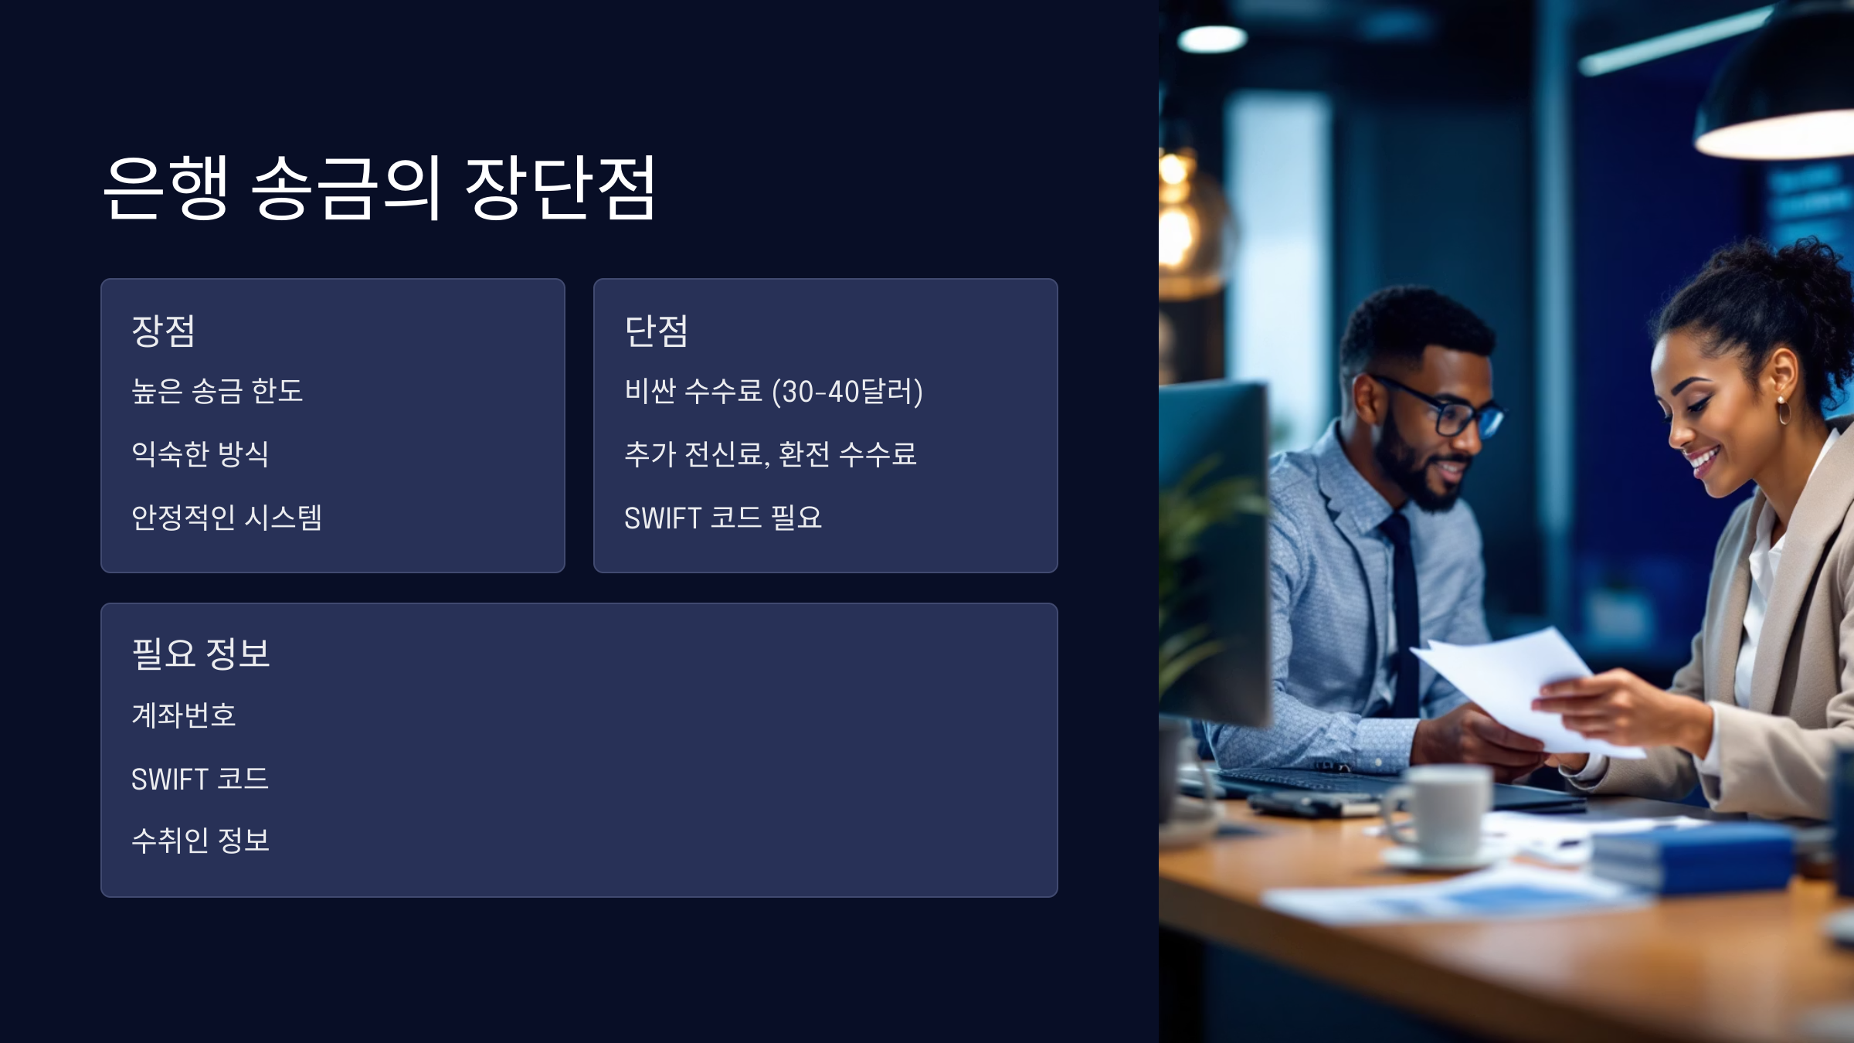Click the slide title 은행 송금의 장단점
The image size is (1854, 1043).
(379, 187)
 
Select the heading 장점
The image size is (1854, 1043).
(163, 331)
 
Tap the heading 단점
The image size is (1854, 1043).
(656, 331)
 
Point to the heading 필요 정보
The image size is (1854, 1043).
(201, 654)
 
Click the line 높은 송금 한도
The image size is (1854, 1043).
(217, 391)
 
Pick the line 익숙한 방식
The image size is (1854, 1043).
(200, 454)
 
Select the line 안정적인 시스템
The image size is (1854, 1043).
(226, 517)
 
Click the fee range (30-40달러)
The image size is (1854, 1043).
(847, 392)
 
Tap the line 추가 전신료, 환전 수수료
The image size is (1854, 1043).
(770, 454)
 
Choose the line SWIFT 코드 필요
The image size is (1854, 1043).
(723, 518)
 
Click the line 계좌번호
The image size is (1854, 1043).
(183, 715)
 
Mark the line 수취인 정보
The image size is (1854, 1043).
(201, 841)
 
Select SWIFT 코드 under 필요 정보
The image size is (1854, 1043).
(200, 779)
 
